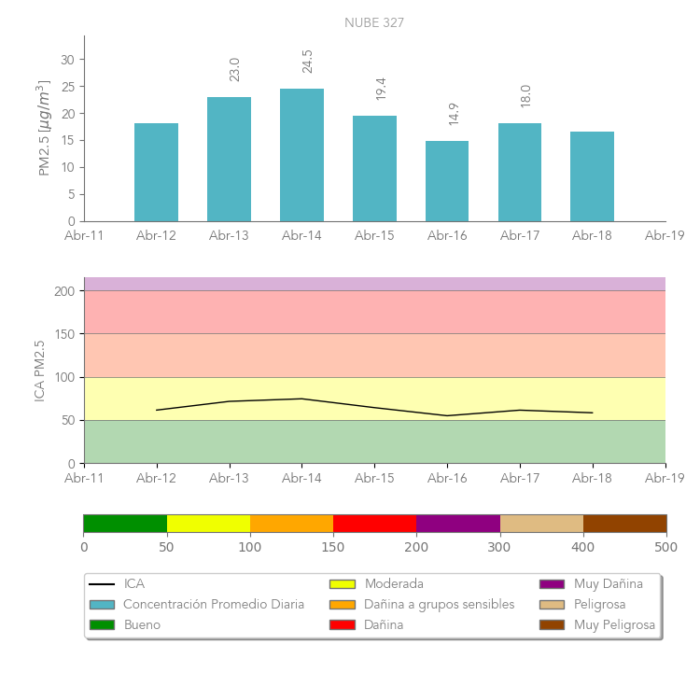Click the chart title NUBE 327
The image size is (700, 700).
pyautogui.click(x=374, y=22)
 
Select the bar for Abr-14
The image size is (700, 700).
pyautogui.click(x=301, y=155)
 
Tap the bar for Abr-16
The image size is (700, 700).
pyautogui.click(x=447, y=181)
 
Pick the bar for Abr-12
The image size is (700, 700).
pyautogui.click(x=156, y=173)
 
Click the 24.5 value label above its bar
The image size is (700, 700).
pyautogui.click(x=308, y=61)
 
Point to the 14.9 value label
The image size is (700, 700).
pyautogui.click(x=454, y=114)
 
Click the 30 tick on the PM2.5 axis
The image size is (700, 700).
pyautogui.click(x=67, y=60)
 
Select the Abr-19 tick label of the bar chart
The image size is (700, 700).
pyautogui.click(x=665, y=236)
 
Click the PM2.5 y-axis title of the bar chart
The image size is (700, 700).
pyautogui.click(x=43, y=129)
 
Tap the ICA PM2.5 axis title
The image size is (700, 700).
pyautogui.click(x=39, y=371)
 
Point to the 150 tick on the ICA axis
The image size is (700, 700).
pyautogui.click(x=64, y=334)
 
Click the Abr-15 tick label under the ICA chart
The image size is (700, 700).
pyautogui.click(x=374, y=478)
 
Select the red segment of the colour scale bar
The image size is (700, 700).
pyautogui.click(x=374, y=524)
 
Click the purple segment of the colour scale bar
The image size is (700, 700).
pyautogui.click(x=457, y=524)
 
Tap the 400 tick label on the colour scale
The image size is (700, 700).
pyautogui.click(x=583, y=547)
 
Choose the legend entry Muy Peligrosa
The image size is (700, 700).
pyautogui.click(x=614, y=624)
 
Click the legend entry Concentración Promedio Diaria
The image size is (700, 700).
pyautogui.click(x=214, y=604)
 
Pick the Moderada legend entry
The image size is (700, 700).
pyautogui.click(x=394, y=584)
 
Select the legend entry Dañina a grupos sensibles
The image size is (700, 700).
pyautogui.click(x=439, y=604)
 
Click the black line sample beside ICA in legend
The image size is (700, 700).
pyautogui.click(x=102, y=584)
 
